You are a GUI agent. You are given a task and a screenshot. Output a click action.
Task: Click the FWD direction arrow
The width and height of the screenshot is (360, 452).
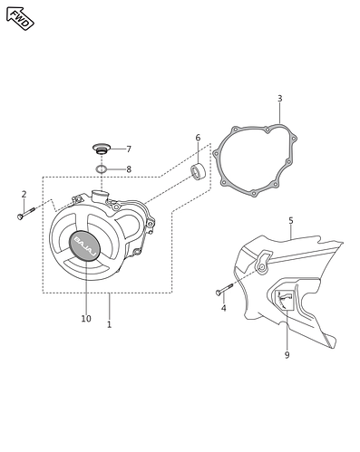pyautogui.click(x=20, y=18)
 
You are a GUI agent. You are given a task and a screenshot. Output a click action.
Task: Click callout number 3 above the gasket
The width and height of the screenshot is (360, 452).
pyautogui.click(x=280, y=99)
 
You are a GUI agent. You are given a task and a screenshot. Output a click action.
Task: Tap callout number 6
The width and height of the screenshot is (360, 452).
pyautogui.click(x=198, y=138)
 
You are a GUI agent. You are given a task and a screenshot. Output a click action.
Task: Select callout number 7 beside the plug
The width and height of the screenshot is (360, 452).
pyautogui.click(x=129, y=149)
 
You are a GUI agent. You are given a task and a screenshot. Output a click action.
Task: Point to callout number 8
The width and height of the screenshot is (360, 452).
pyautogui.click(x=129, y=169)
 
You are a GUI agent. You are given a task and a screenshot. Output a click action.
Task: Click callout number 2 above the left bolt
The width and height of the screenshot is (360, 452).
pyautogui.click(x=24, y=194)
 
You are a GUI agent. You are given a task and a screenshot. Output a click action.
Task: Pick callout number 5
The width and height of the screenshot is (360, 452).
pyautogui.click(x=291, y=221)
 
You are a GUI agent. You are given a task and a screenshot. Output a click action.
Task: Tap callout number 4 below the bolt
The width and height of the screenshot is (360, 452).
pyautogui.click(x=223, y=308)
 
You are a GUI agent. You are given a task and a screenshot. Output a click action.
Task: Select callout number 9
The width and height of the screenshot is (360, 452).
pyautogui.click(x=287, y=355)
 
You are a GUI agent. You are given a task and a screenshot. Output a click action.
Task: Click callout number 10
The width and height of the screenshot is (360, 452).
pyautogui.click(x=86, y=319)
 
